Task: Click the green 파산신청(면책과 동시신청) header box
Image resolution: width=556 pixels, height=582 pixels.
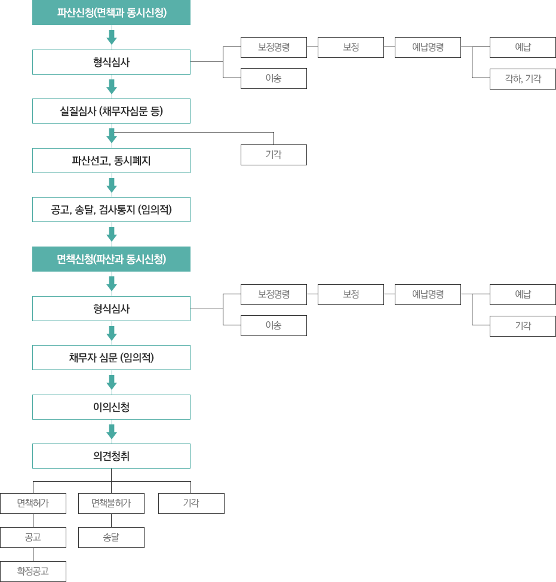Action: click(112, 13)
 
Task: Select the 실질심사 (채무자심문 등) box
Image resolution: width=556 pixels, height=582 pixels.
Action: click(112, 111)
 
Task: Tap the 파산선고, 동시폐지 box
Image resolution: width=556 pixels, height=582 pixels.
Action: click(112, 161)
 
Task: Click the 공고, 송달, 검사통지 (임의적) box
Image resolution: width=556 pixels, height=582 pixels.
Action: click(112, 210)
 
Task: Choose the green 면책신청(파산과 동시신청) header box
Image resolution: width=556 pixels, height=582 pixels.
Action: click(112, 259)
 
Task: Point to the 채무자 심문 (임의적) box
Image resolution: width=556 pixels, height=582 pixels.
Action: click(112, 358)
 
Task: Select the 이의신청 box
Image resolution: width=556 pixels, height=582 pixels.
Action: click(112, 407)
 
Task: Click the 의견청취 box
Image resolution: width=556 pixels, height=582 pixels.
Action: click(112, 456)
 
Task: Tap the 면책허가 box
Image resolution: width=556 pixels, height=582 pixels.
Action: click(33, 503)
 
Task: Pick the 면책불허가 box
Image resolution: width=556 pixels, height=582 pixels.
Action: click(112, 503)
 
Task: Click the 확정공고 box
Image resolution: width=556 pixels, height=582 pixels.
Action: click(33, 571)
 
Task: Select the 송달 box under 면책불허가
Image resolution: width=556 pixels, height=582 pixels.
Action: click(112, 537)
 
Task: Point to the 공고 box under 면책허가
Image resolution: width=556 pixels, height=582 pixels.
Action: click(33, 537)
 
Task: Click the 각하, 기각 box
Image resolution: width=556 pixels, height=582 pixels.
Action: click(523, 79)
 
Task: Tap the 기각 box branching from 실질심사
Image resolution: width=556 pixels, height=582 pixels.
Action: click(274, 155)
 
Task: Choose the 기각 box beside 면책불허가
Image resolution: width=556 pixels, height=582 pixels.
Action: click(191, 503)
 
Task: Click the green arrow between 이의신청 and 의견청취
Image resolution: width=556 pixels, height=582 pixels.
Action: click(112, 432)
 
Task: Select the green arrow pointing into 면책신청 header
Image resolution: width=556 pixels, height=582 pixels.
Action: click(112, 234)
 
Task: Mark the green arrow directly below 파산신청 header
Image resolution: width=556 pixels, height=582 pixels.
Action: click(112, 37)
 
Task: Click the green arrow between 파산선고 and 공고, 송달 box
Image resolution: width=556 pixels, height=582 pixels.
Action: click(112, 185)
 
